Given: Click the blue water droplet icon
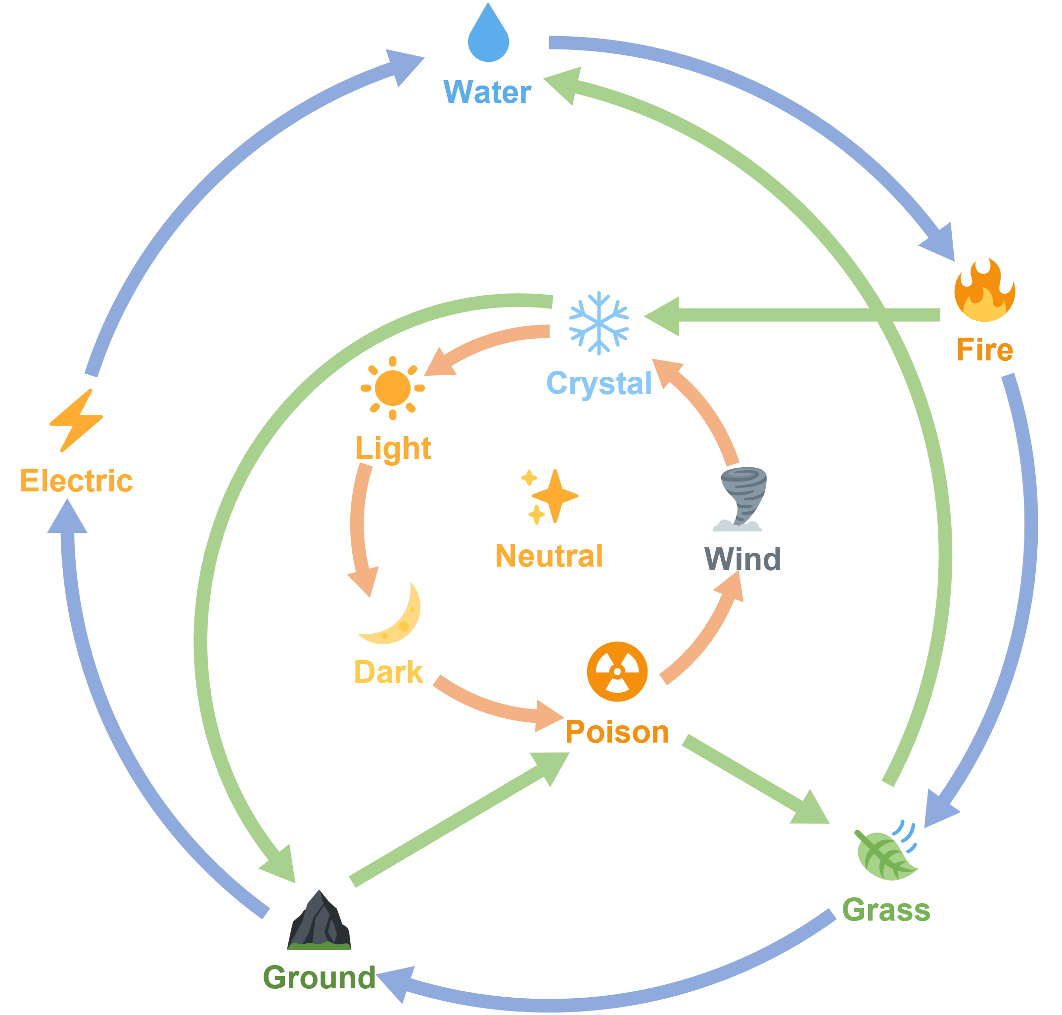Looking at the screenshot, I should point(488,34).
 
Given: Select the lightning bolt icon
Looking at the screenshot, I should point(76,420).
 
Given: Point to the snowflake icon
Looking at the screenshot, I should point(599,323).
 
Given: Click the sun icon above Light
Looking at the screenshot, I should point(392,388).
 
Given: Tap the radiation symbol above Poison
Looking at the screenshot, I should point(616,671).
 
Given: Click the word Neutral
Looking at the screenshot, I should point(549,556).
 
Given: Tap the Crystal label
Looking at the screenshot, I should point(599,383).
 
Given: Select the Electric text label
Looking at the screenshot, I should point(76,481).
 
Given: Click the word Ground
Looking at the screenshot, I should point(320,977).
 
